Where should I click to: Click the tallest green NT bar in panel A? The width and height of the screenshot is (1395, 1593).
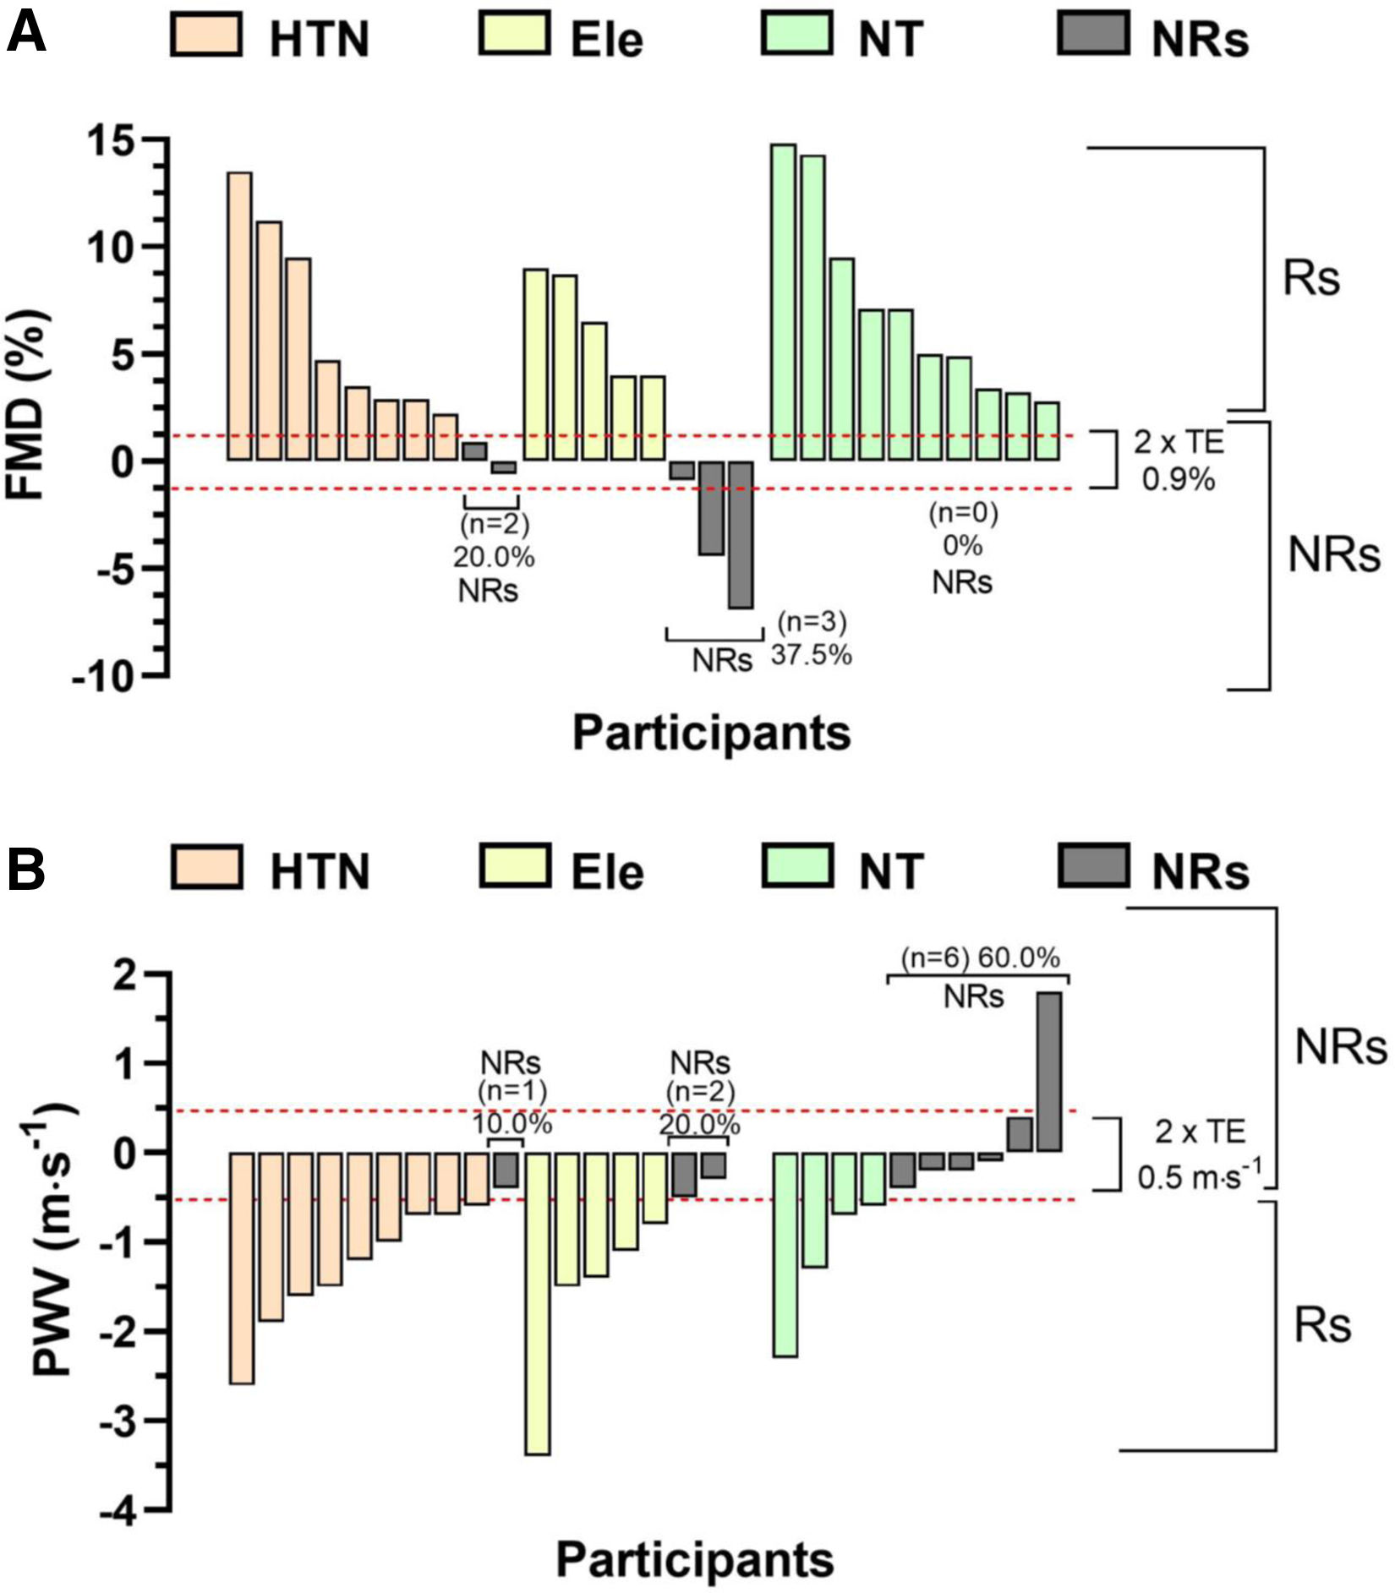point(783,303)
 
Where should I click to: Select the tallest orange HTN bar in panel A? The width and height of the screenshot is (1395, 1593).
point(239,316)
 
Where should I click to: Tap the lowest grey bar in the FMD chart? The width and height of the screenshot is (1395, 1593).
point(741,534)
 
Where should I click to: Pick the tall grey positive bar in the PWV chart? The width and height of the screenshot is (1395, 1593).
point(1049,1072)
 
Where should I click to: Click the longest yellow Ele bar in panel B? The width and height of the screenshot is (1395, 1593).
point(539,1302)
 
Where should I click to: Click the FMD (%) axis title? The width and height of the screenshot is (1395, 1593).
point(27,406)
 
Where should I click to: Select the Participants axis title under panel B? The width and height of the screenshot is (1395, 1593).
point(695,1560)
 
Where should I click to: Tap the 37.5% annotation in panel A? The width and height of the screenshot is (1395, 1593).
point(811,655)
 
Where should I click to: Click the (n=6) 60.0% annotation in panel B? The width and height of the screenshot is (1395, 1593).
point(980,957)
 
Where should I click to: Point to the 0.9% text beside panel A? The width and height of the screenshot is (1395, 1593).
point(1179,480)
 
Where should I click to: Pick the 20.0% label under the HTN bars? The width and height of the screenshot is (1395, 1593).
point(493,557)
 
